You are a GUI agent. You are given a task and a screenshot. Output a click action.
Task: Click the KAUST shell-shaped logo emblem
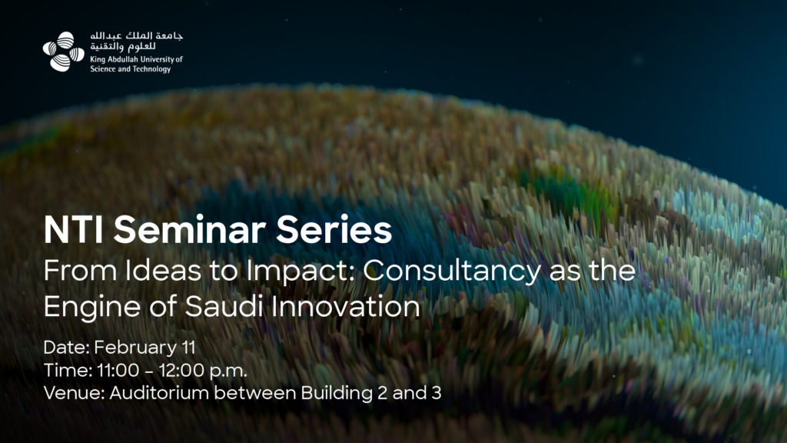pos(63,52)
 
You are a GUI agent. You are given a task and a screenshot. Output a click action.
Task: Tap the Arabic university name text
pos(137,42)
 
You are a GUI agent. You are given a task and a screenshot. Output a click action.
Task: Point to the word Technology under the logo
pos(151,69)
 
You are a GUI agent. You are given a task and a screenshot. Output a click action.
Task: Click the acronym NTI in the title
pos(74,230)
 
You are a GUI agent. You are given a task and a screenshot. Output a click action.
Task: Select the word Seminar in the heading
pos(190,230)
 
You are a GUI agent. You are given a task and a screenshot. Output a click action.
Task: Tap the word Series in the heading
pos(334,230)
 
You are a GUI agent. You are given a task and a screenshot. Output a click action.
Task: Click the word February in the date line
pos(135,348)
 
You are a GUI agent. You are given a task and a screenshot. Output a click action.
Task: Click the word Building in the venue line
pos(337,393)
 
